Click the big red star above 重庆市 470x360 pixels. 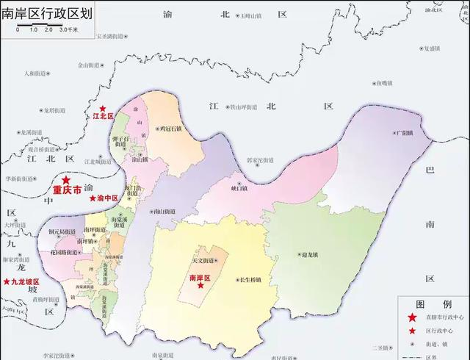tap(66, 180)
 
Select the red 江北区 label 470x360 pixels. tap(101, 117)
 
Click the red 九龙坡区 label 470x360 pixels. tap(23, 281)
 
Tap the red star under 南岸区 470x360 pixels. tap(200, 287)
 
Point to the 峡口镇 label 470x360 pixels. tap(240, 188)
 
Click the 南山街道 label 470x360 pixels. tap(167, 210)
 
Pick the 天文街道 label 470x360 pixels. tap(202, 260)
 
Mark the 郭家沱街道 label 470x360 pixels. tap(259, 159)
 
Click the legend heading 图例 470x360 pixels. tap(432, 304)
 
